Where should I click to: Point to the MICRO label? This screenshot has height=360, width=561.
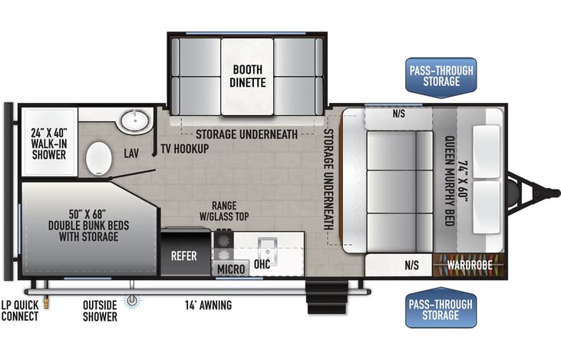[x=230, y=269]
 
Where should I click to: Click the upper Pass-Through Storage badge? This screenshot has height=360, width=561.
[x=441, y=76]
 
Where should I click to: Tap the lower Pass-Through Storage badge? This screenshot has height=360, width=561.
[x=441, y=307]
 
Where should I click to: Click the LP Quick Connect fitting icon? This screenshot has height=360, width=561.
[x=46, y=302]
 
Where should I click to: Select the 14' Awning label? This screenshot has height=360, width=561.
[x=210, y=306]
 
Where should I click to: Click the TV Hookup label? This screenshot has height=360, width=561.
[x=184, y=148]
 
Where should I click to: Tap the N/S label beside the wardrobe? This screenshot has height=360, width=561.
[x=411, y=266]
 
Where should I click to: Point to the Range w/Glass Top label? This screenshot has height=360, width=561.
[x=223, y=211]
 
